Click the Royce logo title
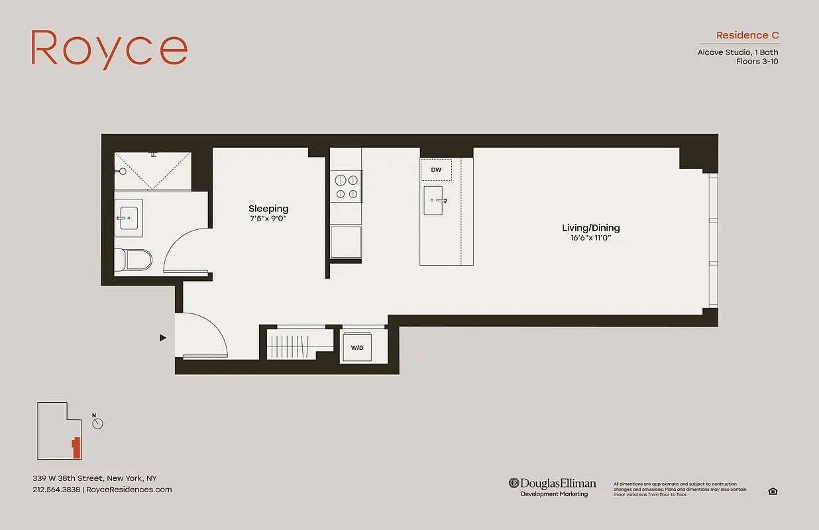pyautogui.click(x=109, y=48)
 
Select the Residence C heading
pyautogui.click(x=747, y=35)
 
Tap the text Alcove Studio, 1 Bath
pyautogui.click(x=737, y=52)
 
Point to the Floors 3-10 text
pyautogui.click(x=757, y=62)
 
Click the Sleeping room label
pyautogui.click(x=268, y=209)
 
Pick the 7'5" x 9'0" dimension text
pyautogui.click(x=268, y=219)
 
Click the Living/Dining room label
pyautogui.click(x=590, y=228)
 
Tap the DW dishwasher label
pyautogui.click(x=436, y=170)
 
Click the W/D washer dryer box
pyautogui.click(x=356, y=346)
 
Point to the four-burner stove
pyautogui.click(x=346, y=186)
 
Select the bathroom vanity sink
pyautogui.click(x=128, y=217)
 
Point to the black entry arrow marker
pyautogui.click(x=162, y=338)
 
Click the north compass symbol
pyautogui.click(x=98, y=423)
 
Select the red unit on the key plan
pyautogui.click(x=76, y=448)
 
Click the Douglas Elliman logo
pyautogui.click(x=553, y=486)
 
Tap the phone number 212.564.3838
pyautogui.click(x=56, y=490)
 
